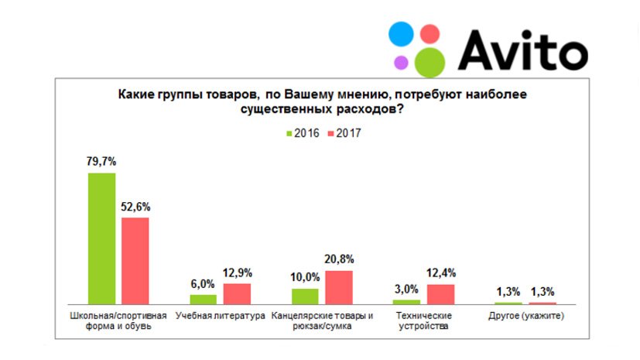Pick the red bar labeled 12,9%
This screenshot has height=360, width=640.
tap(237, 293)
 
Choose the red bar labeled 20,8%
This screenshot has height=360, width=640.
tap(339, 287)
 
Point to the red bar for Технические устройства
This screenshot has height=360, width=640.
tap(441, 294)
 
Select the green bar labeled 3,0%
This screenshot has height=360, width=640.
tap(407, 301)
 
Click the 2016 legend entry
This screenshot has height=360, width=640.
tap(303, 132)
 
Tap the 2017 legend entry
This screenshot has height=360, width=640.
tap(343, 132)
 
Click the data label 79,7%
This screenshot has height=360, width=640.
tap(102, 162)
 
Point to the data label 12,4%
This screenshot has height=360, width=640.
tap(441, 273)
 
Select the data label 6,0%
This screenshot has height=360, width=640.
tap(203, 283)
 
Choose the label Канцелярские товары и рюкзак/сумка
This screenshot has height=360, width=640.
tap(321, 321)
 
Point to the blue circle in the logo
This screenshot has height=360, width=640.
tap(402, 34)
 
